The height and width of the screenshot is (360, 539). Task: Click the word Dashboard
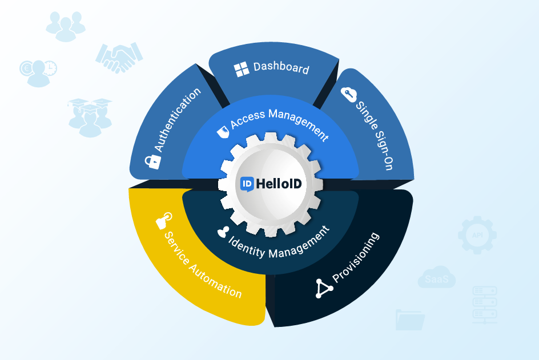pos(281,68)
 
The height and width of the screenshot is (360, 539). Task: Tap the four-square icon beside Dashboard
pos(242,70)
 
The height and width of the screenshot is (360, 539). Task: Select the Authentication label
pos(178,120)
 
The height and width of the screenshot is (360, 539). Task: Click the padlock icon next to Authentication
pos(152,161)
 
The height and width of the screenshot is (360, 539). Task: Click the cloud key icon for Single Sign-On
pos(348,95)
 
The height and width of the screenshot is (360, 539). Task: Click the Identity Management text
pos(279,242)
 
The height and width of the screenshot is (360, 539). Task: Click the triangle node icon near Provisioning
pos(324,288)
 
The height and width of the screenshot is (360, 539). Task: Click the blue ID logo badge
pos(247,184)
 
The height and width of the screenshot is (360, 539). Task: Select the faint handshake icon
pos(119,58)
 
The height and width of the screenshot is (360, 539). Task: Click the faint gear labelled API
pos(477,234)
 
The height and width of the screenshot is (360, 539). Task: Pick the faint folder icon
pos(409,320)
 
